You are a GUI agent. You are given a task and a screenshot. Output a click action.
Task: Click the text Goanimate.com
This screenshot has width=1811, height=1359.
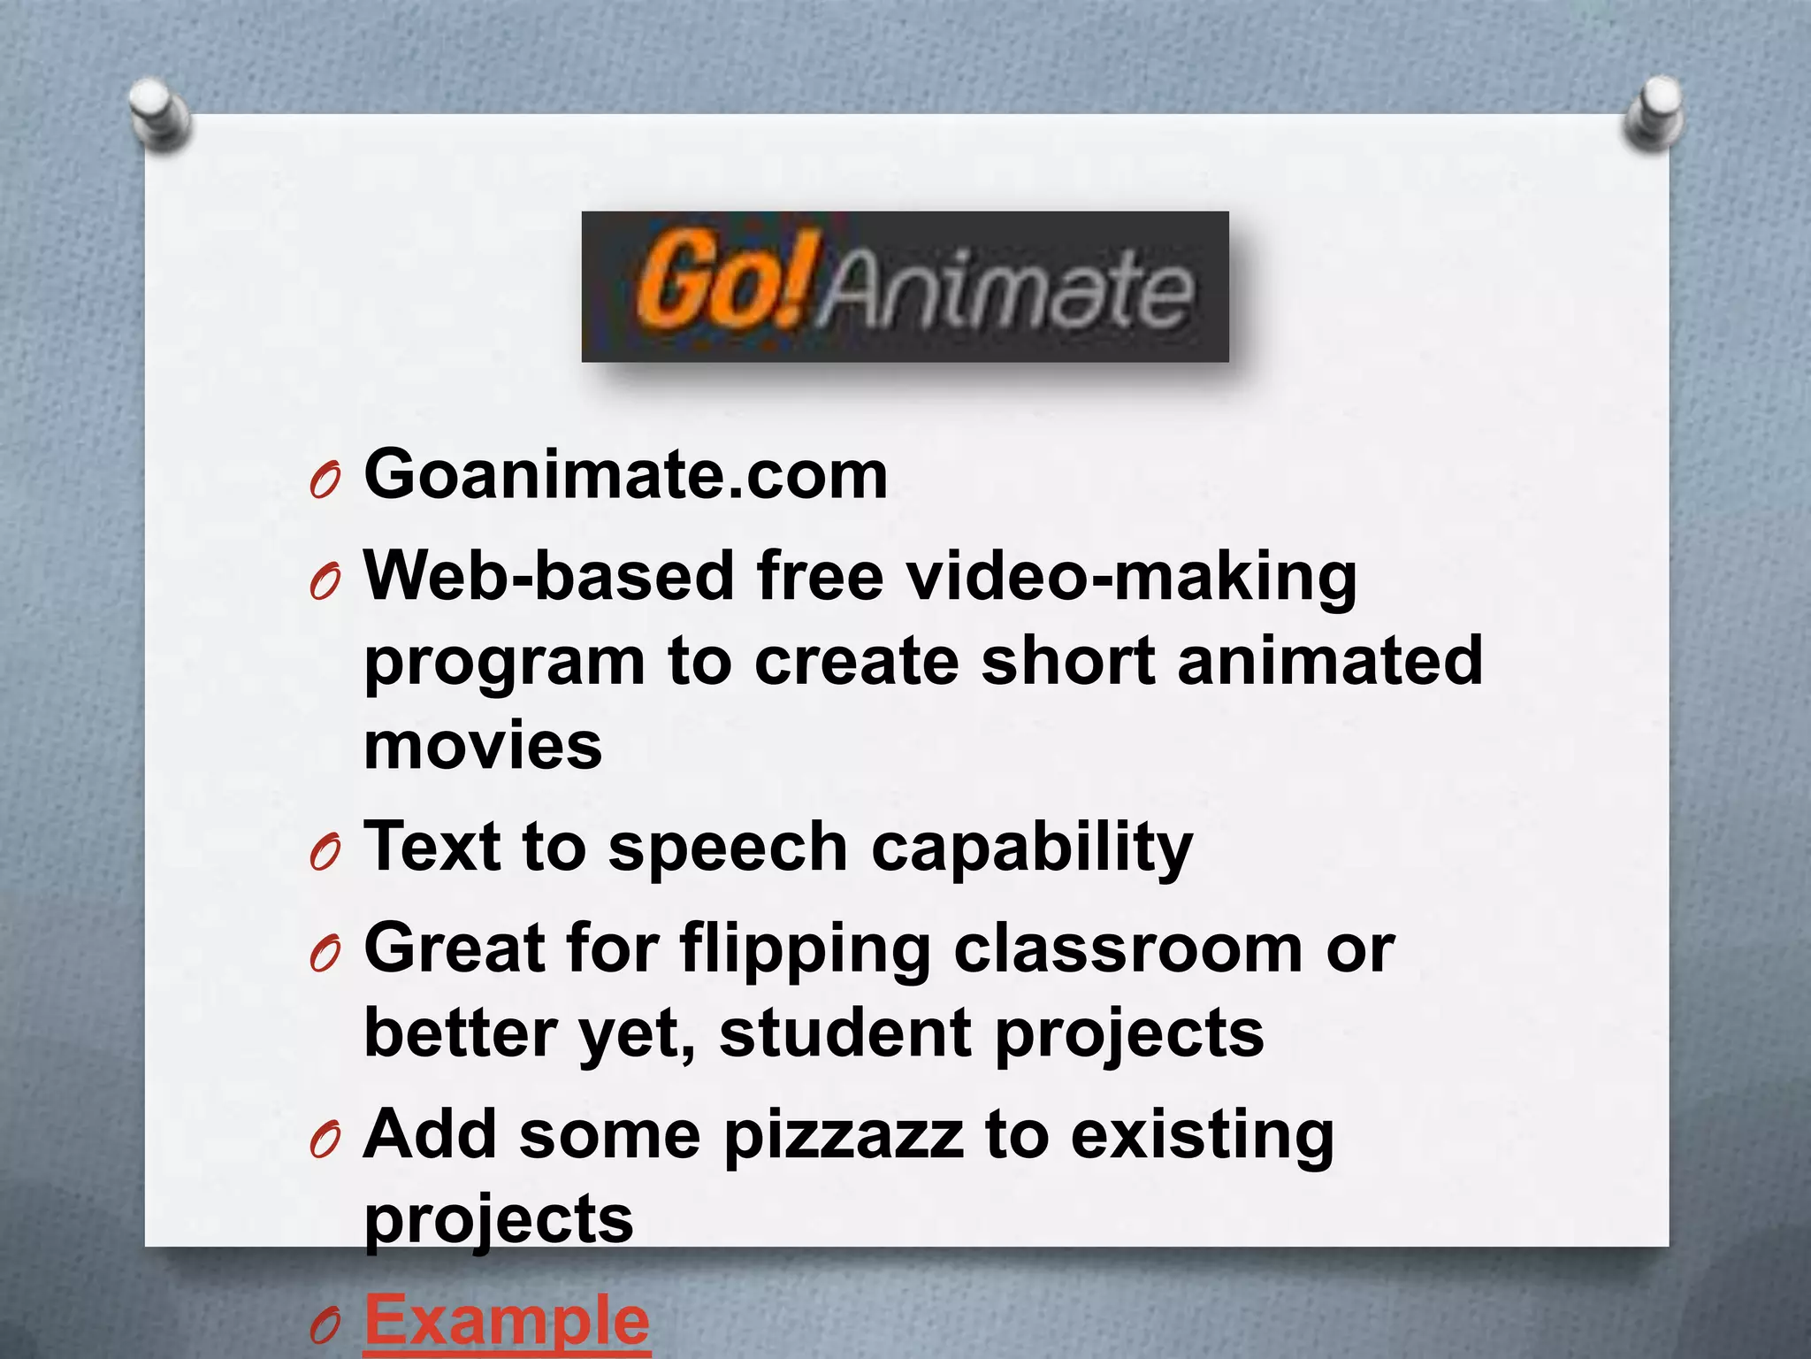point(626,476)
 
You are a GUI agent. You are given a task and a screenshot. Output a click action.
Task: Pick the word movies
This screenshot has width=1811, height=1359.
point(483,746)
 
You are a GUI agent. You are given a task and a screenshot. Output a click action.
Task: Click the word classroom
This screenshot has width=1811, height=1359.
point(1127,948)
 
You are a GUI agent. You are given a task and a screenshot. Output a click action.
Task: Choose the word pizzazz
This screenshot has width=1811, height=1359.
point(843,1137)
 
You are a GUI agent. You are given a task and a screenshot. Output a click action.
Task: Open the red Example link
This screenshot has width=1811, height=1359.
point(507,1321)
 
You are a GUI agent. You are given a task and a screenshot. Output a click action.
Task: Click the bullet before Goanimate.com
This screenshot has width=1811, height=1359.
point(325,482)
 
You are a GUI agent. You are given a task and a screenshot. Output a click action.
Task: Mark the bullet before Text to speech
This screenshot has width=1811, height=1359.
point(325,854)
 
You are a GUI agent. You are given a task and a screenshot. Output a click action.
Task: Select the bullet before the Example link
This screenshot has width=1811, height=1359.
point(325,1326)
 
